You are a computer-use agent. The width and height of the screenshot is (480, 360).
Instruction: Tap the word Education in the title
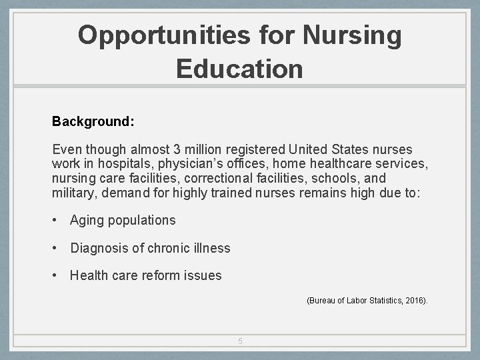[x=239, y=69]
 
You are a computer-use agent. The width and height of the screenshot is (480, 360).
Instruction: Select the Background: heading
[x=93, y=122]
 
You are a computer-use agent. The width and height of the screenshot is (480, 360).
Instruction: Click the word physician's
[x=190, y=164]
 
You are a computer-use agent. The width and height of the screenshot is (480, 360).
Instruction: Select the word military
[x=73, y=193]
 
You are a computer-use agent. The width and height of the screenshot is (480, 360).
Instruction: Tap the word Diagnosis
[x=99, y=248]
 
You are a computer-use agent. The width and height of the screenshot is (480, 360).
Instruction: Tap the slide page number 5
[x=240, y=341]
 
